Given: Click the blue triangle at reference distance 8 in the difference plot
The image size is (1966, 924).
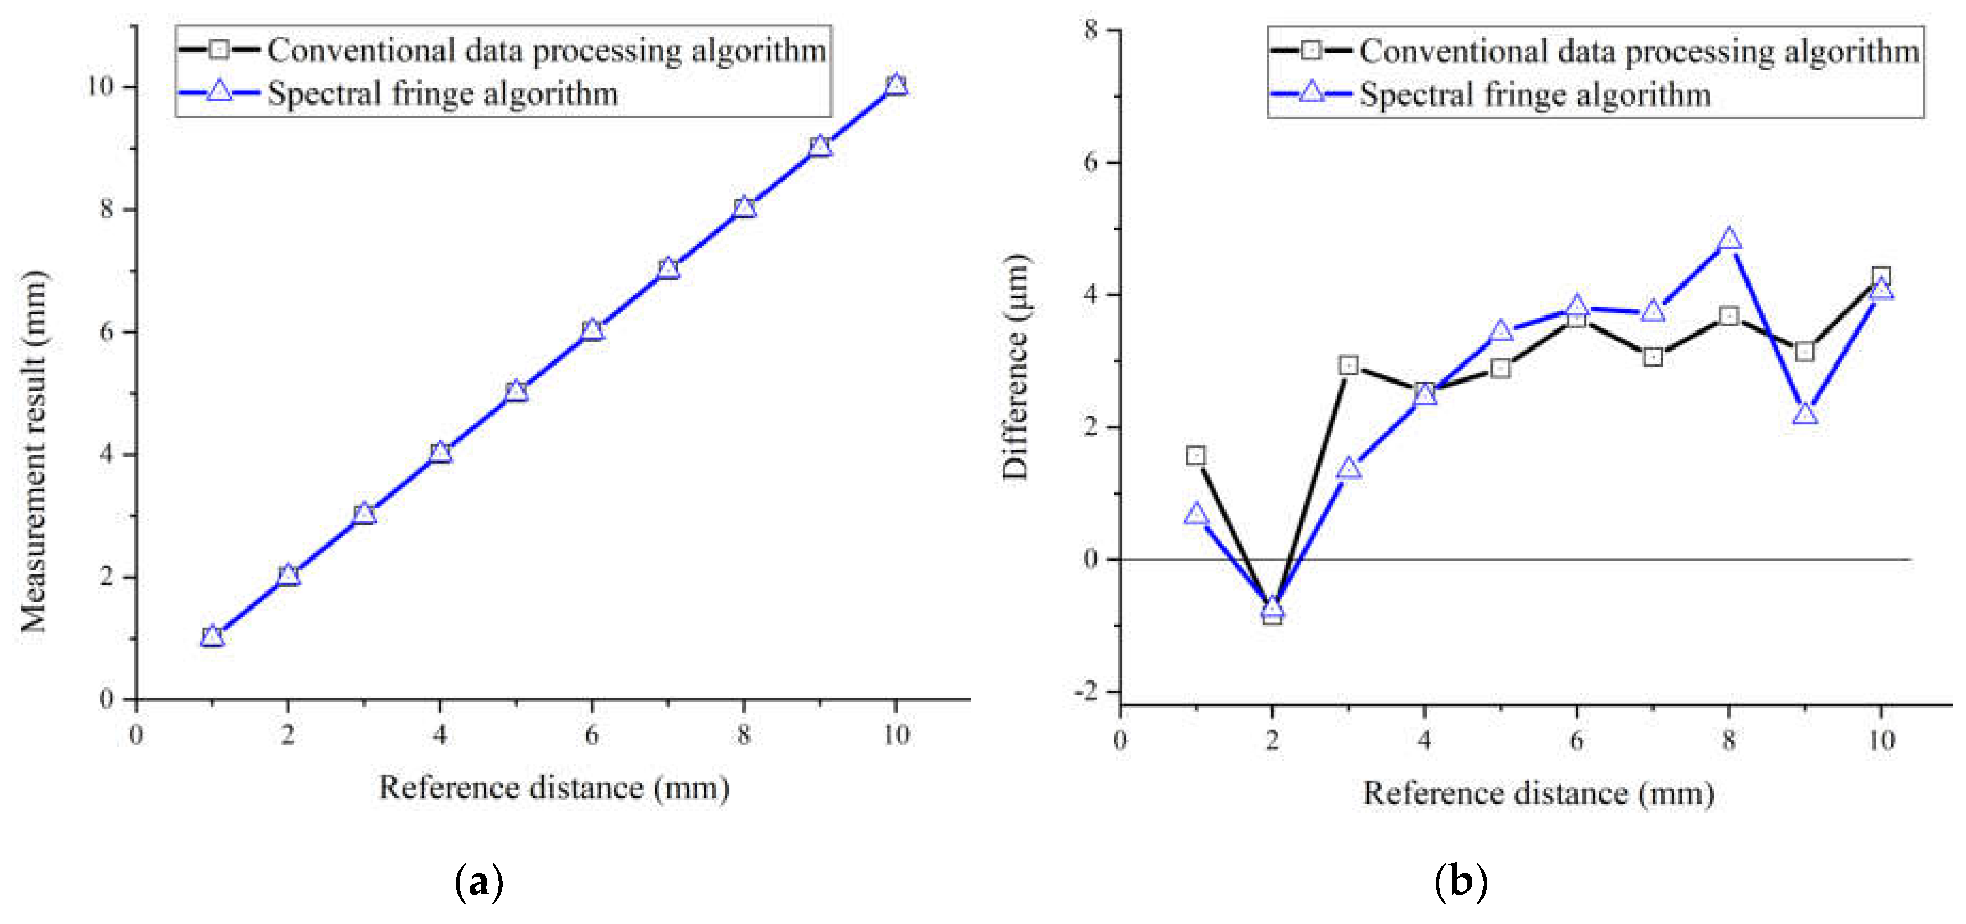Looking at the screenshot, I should click(1729, 240).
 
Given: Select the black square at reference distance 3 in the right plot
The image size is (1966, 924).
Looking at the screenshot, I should click(1349, 366).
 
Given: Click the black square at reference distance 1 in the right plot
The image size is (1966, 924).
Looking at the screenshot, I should click(1196, 456).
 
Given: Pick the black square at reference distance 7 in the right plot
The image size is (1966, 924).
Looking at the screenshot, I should click(1653, 357).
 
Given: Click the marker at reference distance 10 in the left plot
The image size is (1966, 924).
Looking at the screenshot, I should click(896, 85).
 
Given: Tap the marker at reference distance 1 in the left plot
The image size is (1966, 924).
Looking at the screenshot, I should click(212, 636).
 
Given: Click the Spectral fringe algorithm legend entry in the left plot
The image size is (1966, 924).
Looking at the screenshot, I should click(442, 94).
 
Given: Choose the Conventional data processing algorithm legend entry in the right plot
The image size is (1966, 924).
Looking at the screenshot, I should click(1639, 51).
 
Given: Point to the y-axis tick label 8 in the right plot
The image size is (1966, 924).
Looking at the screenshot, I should click(1091, 30).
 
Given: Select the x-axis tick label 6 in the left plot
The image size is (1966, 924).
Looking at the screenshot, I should click(592, 735).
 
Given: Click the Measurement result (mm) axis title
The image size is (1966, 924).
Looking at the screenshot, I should click(34, 450).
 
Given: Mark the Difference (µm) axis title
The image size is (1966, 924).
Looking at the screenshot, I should click(1016, 366).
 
